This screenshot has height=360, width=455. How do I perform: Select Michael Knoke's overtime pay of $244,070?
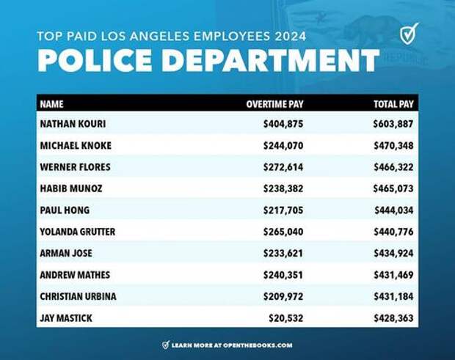283,146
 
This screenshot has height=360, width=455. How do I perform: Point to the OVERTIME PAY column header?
274,104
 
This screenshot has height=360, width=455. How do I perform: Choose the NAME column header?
51,104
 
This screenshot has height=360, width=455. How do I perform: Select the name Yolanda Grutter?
77,232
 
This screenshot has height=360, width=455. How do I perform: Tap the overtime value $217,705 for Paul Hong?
283,210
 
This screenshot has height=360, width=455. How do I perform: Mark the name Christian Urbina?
78,296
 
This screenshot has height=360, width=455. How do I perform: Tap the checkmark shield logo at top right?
409,34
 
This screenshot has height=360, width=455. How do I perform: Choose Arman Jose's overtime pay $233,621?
283,254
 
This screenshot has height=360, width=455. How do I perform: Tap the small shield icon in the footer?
166,345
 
